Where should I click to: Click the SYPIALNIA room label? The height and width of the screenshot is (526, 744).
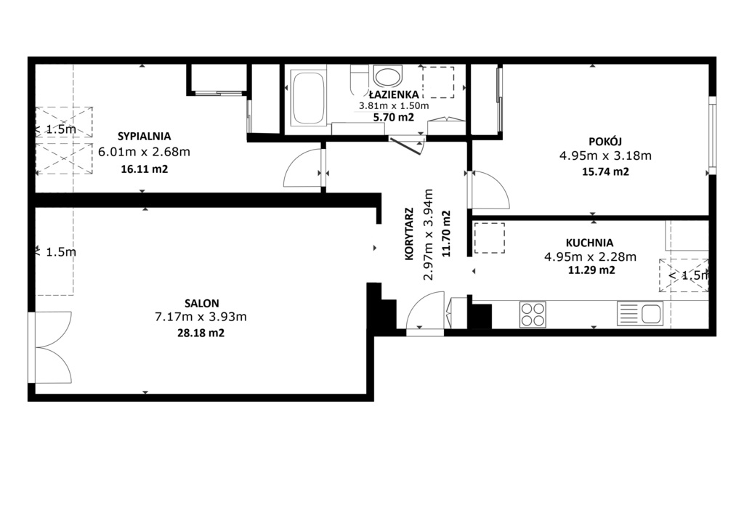tap(144, 135)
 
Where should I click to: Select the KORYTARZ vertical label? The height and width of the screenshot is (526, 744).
tap(411, 234)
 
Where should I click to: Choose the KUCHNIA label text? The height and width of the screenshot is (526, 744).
tap(590, 243)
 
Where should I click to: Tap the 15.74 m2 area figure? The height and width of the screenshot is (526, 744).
tap(604, 172)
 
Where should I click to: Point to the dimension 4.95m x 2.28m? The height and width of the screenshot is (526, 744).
tap(590, 256)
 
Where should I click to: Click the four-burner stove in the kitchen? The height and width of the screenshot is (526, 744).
tap(533, 314)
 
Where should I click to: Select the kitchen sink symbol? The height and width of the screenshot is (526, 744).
tap(639, 314)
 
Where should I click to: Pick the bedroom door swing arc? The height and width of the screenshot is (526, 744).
tap(302, 169)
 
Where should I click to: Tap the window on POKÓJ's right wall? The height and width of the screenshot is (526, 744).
tap(713, 135)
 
